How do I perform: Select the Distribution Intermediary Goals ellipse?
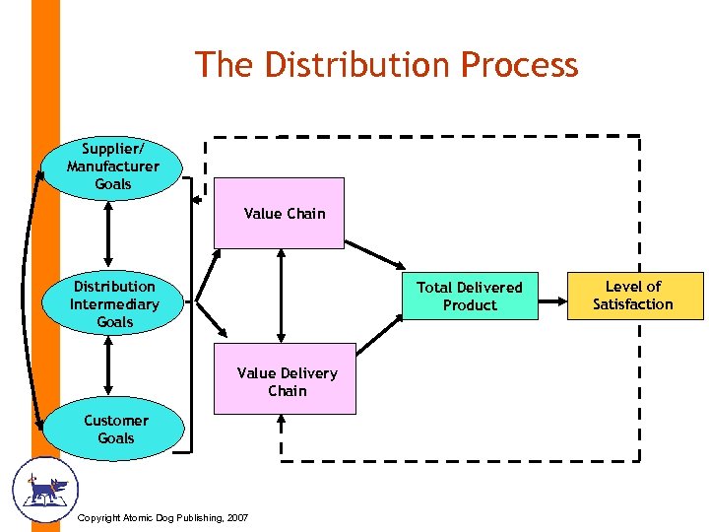click(x=114, y=303)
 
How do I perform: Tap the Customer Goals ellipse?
click(x=115, y=430)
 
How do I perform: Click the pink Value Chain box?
click(x=280, y=213)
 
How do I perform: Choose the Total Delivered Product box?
click(x=470, y=296)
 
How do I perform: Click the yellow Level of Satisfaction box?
click(x=633, y=296)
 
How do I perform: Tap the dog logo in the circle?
click(x=44, y=489)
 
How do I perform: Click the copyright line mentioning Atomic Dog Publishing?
click(x=162, y=518)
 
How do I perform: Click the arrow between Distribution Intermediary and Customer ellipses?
click(x=108, y=366)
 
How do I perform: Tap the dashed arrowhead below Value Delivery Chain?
click(x=282, y=422)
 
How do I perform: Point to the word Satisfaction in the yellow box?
click(x=633, y=304)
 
